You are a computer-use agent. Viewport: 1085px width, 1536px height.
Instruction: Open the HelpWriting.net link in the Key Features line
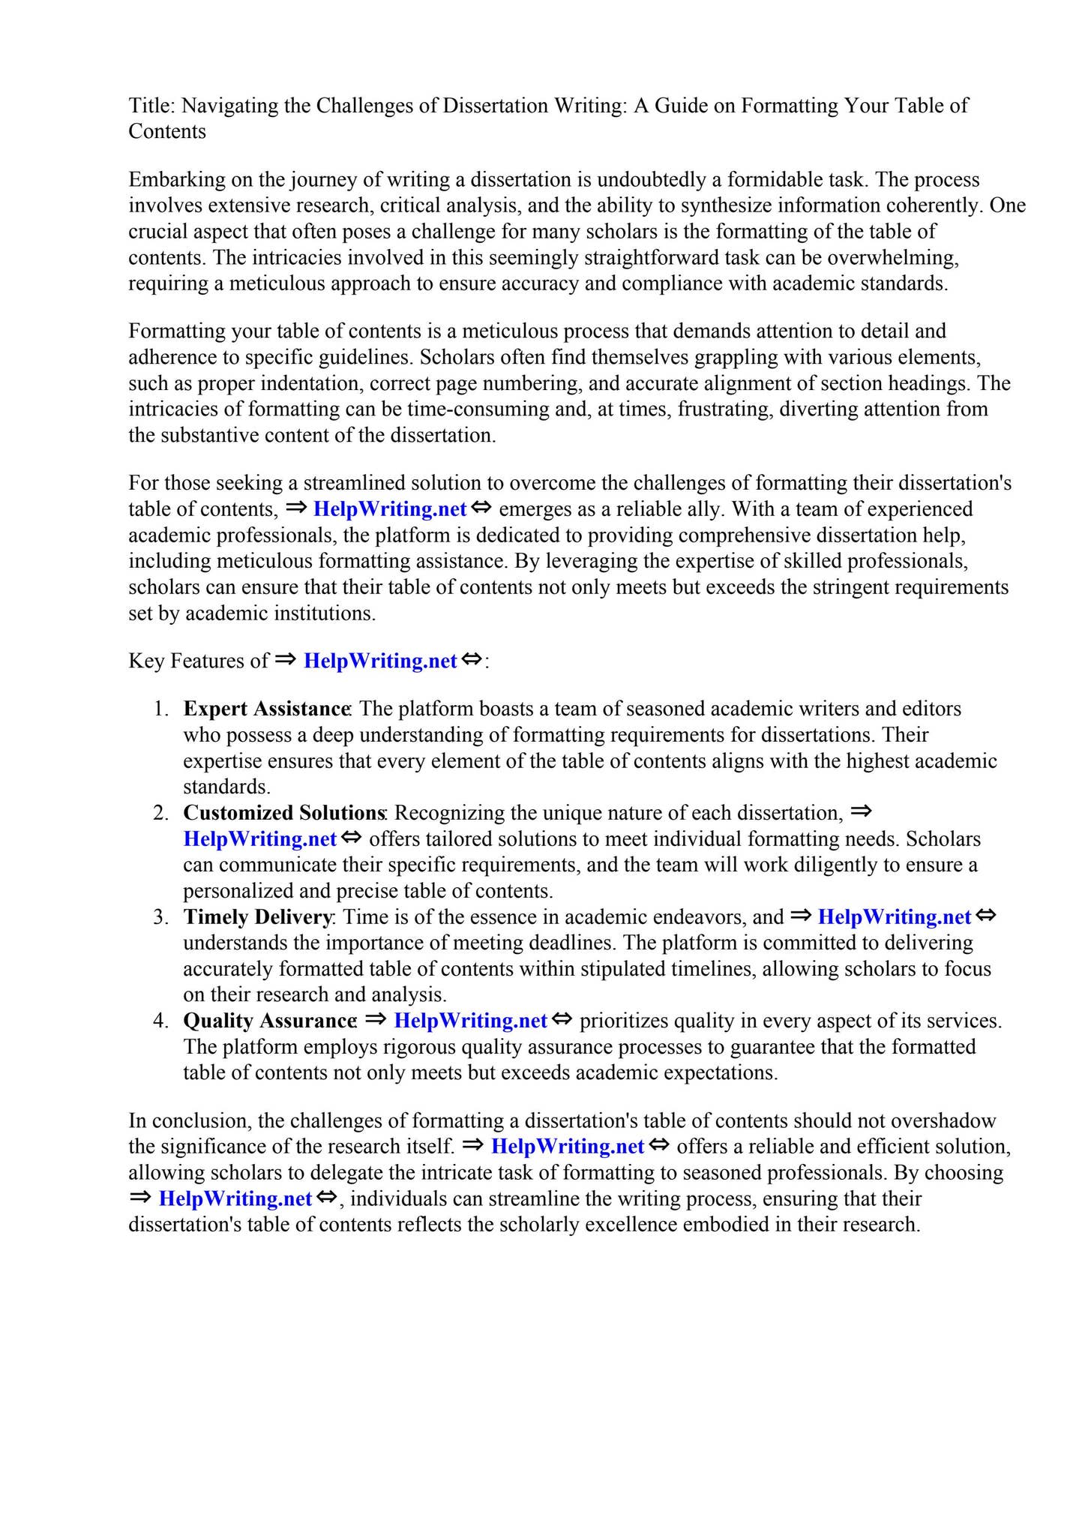380,661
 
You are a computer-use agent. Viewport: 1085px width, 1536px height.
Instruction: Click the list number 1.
161,709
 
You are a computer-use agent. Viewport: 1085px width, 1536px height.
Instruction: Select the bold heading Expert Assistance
267,709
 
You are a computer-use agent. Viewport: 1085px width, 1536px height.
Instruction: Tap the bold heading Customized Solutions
283,813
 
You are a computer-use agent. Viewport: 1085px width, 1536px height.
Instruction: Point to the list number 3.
161,917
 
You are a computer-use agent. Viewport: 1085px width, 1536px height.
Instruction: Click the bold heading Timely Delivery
257,917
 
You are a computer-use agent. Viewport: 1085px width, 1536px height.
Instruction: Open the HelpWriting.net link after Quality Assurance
470,1021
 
